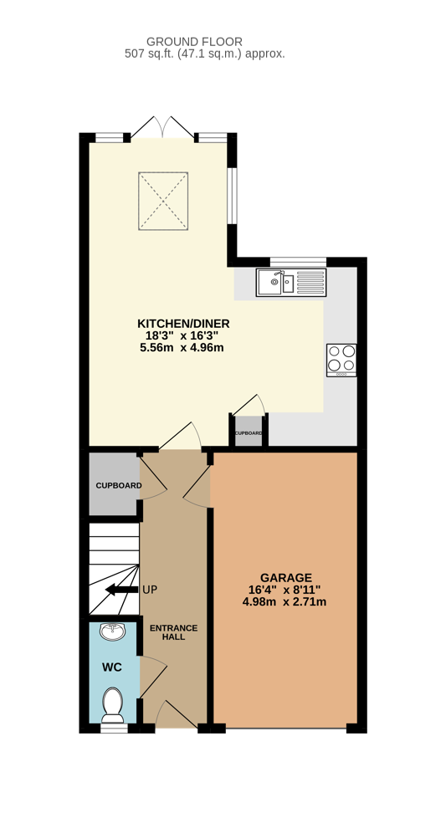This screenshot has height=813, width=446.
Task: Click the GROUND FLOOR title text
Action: (194, 41)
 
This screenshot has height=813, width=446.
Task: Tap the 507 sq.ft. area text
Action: (204, 54)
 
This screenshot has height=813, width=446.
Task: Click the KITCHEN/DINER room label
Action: (183, 324)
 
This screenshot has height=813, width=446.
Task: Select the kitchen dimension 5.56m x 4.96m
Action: (183, 347)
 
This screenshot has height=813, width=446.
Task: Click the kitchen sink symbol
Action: (290, 283)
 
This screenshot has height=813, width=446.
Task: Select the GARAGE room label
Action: (285, 577)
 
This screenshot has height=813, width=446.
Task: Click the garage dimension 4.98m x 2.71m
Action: (285, 601)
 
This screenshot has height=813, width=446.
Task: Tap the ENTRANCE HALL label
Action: (173, 631)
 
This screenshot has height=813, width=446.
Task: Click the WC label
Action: (112, 667)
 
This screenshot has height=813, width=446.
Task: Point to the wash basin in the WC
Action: (112, 632)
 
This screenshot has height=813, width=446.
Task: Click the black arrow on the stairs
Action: (121, 590)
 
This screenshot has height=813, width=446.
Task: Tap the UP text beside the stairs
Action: (149, 590)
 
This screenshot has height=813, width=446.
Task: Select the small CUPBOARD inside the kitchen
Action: (249, 434)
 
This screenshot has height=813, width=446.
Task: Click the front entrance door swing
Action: (174, 713)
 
